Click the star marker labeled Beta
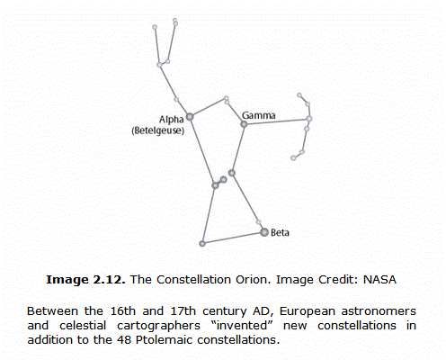[264, 232]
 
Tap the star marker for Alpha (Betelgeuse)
[190, 117]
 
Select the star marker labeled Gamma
[244, 123]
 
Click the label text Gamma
[258, 115]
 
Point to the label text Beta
[280, 233]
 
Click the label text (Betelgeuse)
[158, 130]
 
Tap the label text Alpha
[171, 120]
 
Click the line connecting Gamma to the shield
[277, 121]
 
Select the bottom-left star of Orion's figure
[202, 244]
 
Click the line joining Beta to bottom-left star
[233, 238]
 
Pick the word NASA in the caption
[379, 280]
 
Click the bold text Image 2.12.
[85, 280]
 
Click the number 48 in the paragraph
[124, 340]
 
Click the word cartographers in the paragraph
[158, 326]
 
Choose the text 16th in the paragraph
[123, 311]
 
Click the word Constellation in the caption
[193, 280]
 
